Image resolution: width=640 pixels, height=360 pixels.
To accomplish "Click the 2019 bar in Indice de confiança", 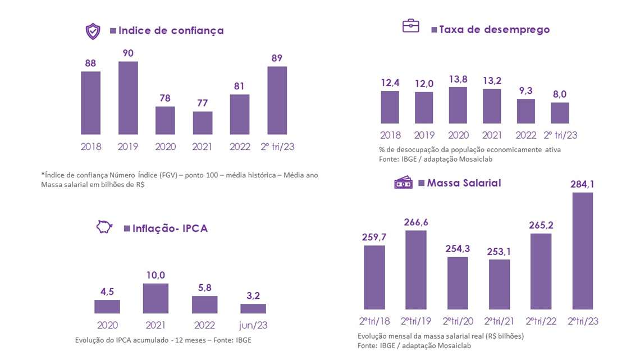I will pos(128,98).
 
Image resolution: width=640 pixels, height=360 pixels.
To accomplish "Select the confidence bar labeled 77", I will pos(203,122).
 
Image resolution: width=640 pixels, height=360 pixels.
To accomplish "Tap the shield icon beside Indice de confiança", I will pos(93,31).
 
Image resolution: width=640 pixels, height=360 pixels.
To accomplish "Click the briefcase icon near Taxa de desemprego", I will pos(411,26).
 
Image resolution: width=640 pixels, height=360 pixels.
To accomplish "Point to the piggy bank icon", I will pos(104,227).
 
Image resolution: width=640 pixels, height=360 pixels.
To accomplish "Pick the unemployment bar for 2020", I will pos(458,105).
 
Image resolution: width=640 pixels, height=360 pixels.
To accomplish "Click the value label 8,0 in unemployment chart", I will pos(560,94).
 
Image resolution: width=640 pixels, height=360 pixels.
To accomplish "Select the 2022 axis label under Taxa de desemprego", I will pos(526,135).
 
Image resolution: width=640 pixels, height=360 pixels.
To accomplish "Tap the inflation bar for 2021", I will pos(156,298).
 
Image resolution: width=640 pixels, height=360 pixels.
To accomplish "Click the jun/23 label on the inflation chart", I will pos(253,325).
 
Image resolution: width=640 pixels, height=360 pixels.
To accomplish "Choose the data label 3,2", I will pos(253,295).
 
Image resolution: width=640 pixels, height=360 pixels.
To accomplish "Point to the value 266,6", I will pos(415,222).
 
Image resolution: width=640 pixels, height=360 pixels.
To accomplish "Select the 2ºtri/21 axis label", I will pos(500,321).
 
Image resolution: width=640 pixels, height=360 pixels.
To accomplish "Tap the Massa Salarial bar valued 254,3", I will pos(458,283).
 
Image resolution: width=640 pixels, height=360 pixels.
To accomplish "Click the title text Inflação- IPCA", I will pos(170,228).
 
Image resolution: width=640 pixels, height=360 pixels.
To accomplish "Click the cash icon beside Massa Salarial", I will pos(403,183).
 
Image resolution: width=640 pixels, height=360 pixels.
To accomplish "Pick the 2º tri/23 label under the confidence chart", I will pos(277,147).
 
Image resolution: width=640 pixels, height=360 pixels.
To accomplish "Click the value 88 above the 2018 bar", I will pos(90,63).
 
